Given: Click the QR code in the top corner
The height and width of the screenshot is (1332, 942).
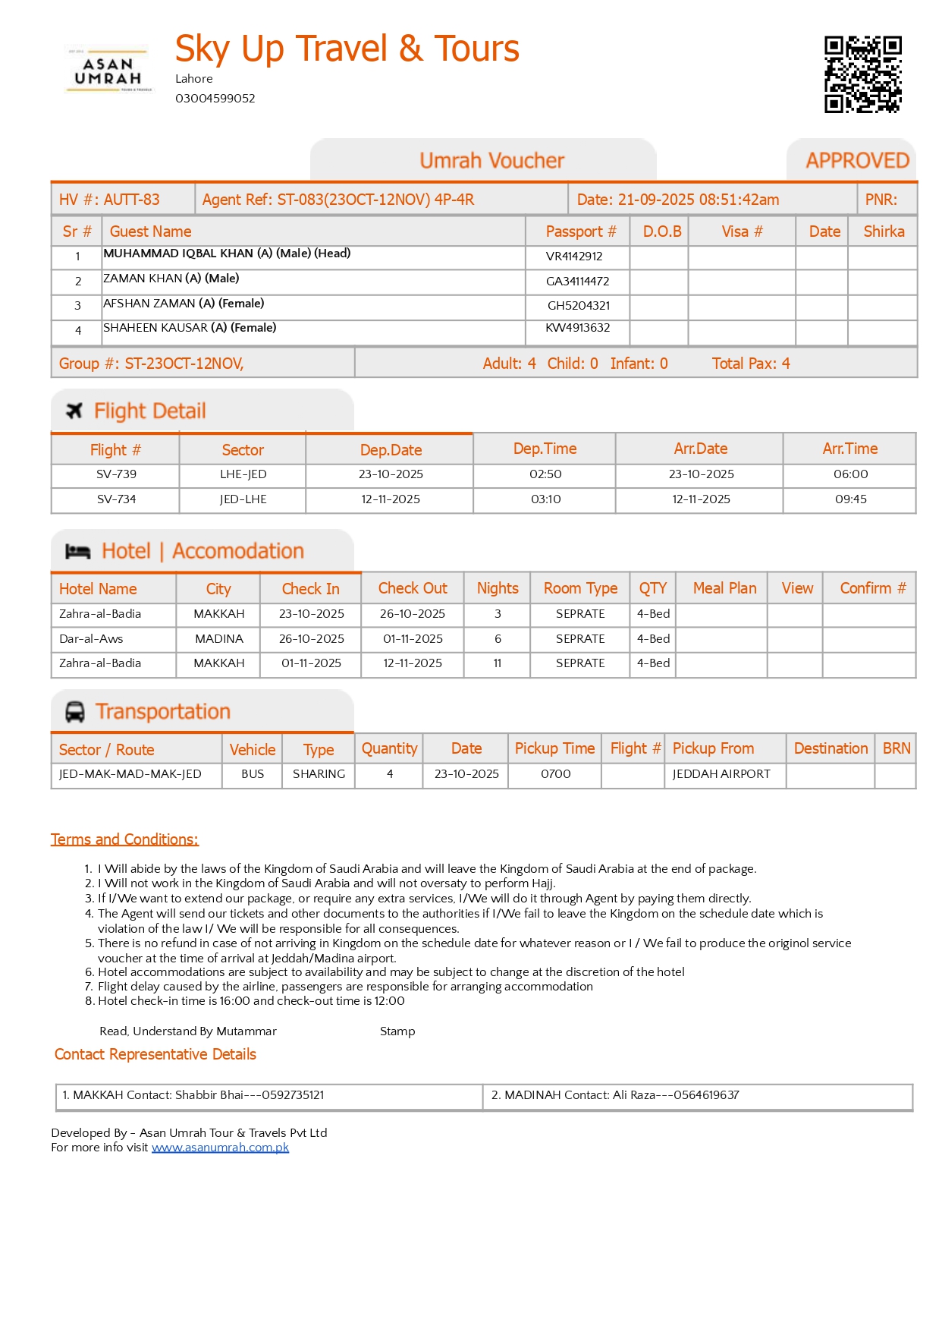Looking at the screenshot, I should point(862,74).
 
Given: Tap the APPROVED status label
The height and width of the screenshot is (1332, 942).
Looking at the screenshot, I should point(857,161).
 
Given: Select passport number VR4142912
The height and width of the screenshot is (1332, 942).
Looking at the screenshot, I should point(574,257).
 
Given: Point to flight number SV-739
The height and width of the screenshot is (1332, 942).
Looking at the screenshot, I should point(116,474).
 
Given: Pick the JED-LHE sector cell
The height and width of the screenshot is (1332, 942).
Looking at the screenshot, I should point(243,499).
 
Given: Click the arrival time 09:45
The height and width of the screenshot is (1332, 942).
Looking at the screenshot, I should point(850,499).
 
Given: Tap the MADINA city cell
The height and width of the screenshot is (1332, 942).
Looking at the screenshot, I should point(218,639).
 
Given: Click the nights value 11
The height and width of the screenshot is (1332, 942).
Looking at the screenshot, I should point(498,663).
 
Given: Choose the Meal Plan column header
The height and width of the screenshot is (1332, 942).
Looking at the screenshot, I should point(724,588).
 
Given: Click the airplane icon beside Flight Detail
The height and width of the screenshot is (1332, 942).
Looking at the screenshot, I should point(74,411).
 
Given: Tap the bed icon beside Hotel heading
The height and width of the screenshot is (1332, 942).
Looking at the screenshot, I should point(77,552).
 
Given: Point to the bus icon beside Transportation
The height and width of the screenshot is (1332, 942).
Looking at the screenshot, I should point(75,712).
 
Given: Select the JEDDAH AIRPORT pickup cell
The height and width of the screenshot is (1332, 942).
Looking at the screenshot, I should point(721,774).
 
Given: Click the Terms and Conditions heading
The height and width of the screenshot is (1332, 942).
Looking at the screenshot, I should point(124,839).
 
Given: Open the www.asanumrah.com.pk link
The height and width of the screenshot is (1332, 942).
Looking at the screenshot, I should point(220,1148).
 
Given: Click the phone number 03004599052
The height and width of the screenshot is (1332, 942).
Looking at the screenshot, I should point(215,99).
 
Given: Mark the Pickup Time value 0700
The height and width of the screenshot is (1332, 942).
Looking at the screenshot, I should point(555,774).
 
